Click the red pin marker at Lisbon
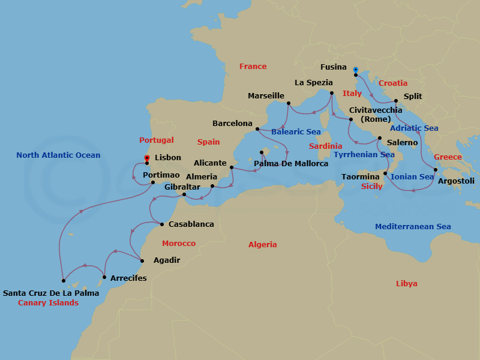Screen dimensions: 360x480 point(147,158)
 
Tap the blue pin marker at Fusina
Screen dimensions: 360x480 point(355,70)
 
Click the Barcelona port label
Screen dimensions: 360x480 point(232,124)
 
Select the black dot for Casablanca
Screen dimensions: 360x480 point(162,224)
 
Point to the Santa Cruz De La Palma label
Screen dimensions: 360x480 point(51,293)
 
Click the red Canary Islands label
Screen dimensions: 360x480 point(48,303)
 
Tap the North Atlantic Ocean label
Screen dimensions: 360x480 point(58,155)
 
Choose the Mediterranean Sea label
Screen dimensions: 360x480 point(413,227)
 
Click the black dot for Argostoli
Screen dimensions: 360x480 point(436,170)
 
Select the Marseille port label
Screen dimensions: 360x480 point(266,96)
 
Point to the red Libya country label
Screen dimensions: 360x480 point(406,283)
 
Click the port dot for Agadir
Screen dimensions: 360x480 point(142,260)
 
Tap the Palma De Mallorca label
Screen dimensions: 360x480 point(291,164)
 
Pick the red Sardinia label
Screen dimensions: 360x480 point(325,146)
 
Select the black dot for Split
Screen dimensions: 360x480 point(396,101)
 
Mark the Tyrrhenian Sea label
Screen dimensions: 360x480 point(364,155)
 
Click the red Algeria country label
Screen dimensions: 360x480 point(263,245)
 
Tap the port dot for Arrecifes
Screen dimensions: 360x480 point(104,277)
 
